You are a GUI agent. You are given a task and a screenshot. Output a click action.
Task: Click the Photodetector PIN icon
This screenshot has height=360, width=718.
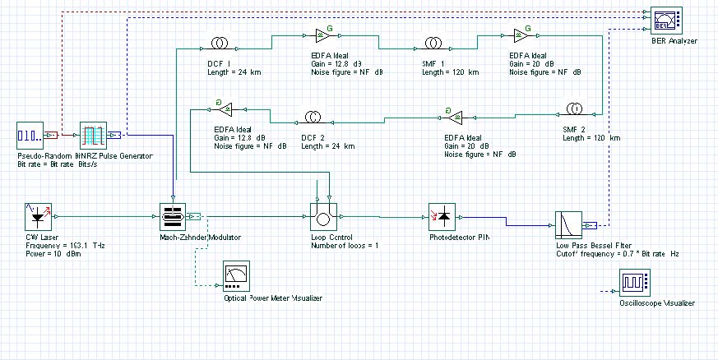point(442,217)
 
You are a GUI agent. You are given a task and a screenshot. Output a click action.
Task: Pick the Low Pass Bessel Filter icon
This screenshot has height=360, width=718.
point(567,224)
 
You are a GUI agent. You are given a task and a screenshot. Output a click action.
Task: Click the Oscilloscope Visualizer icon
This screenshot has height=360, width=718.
point(635,284)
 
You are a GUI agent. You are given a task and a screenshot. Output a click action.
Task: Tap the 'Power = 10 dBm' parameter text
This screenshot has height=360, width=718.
point(49,254)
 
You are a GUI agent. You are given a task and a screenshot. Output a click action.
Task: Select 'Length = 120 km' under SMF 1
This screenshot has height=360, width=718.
point(450,72)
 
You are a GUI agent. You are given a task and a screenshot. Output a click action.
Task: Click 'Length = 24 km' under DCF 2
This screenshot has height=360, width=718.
point(327,146)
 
